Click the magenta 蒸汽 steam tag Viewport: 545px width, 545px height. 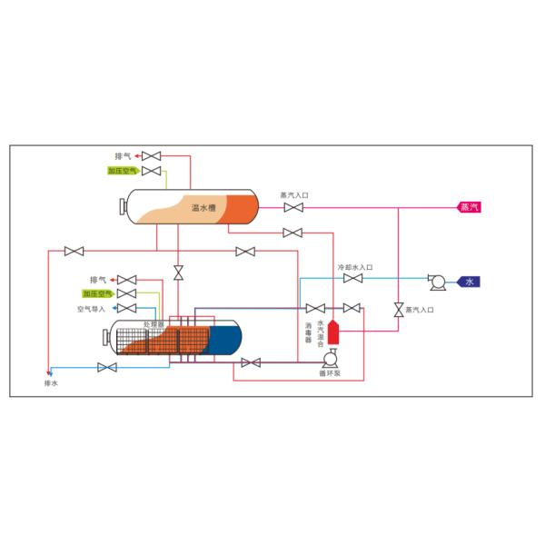pyautogui.click(x=470, y=207)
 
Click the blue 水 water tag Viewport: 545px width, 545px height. pyautogui.click(x=469, y=282)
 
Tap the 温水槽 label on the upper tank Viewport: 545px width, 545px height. pyautogui.click(x=203, y=208)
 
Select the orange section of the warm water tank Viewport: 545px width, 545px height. pyautogui.click(x=241, y=208)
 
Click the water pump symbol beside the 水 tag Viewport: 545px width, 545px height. pyautogui.click(x=437, y=282)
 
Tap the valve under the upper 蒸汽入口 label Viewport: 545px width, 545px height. pyautogui.click(x=293, y=208)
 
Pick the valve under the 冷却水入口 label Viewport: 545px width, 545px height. pyautogui.click(x=353, y=279)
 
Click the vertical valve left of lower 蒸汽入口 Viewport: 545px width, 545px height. pyautogui.click(x=398, y=309)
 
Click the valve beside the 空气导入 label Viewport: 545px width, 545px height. pyautogui.click(x=127, y=308)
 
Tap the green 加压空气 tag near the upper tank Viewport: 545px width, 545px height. pyautogui.click(x=123, y=170)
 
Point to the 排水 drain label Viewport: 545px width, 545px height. pyautogui.click(x=51, y=383)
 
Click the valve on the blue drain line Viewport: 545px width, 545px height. pyautogui.click(x=108, y=367)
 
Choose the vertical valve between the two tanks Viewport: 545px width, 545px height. pyautogui.click(x=178, y=272)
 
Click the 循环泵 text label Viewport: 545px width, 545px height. pyautogui.click(x=329, y=373)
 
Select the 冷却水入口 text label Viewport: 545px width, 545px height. pyautogui.click(x=355, y=268)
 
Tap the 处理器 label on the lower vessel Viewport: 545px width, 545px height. pyautogui.click(x=153, y=324)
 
